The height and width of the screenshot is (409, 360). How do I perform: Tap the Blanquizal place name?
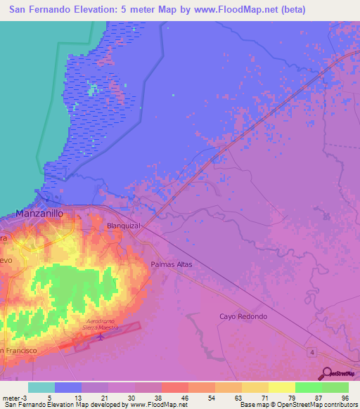click(x=124, y=226)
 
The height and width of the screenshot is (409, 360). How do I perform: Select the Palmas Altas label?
click(x=171, y=265)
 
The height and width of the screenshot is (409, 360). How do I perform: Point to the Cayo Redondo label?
click(x=243, y=316)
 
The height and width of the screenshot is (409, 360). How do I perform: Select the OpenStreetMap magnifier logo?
click(x=325, y=373)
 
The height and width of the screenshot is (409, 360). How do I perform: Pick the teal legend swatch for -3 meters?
click(x=41, y=387)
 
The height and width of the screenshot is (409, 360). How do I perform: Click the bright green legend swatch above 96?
click(x=335, y=387)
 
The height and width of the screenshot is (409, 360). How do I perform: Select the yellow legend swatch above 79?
click(x=282, y=387)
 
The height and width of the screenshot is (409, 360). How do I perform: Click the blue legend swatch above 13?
click(x=68, y=387)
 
